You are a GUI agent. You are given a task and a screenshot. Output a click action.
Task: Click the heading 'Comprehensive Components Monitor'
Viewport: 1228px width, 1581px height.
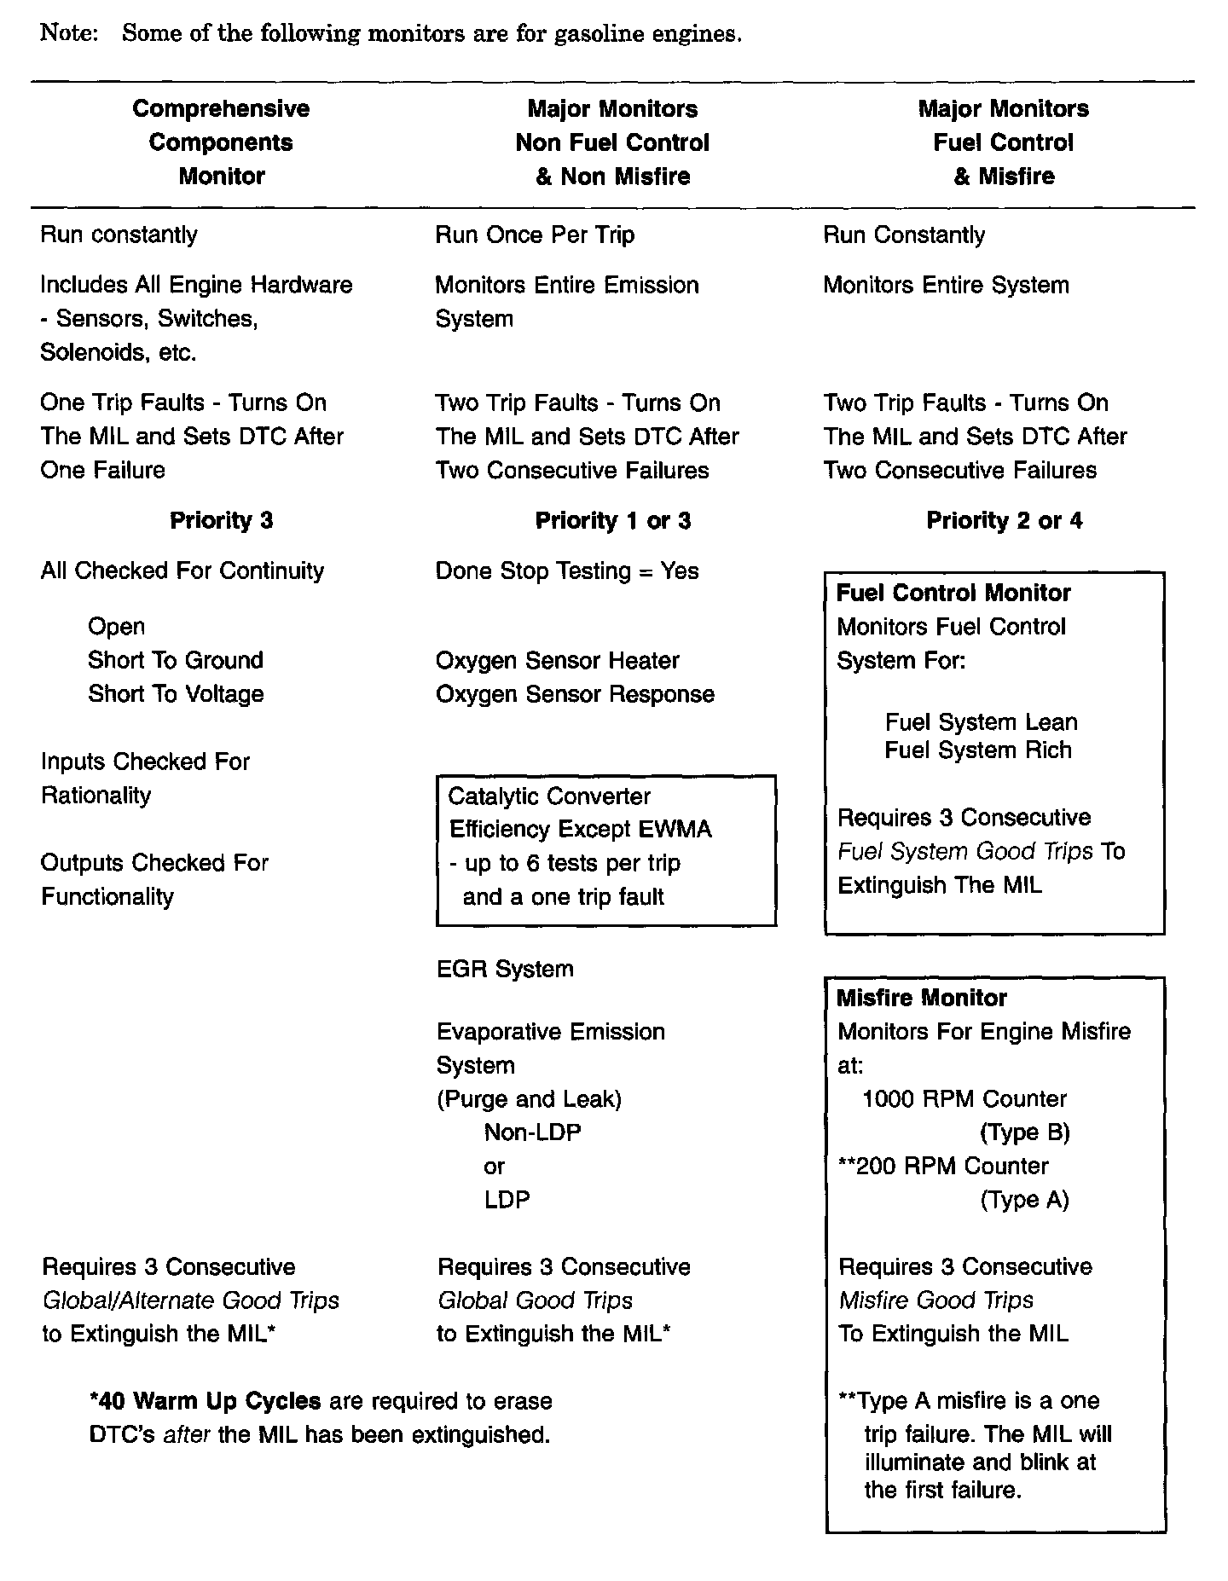(x=221, y=142)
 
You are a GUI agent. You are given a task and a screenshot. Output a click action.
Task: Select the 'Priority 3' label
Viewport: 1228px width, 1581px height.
(x=221, y=520)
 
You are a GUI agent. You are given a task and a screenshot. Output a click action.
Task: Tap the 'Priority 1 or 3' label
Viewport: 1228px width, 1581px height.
(x=612, y=520)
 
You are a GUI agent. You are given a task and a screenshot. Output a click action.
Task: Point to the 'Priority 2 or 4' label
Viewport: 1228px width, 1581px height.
(x=1004, y=520)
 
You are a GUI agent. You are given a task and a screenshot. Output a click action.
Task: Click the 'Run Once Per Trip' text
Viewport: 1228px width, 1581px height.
(x=535, y=235)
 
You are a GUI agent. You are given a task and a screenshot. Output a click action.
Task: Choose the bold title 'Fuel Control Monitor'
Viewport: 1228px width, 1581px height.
(x=953, y=593)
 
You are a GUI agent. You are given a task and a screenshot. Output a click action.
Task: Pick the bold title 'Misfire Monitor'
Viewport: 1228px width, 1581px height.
(x=921, y=998)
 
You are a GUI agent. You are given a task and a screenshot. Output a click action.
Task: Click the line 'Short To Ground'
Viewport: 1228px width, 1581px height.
(x=175, y=660)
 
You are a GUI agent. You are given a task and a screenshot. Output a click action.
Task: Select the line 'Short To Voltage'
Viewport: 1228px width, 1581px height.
(x=175, y=694)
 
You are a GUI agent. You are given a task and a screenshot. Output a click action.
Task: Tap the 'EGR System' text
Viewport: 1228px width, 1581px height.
(x=505, y=969)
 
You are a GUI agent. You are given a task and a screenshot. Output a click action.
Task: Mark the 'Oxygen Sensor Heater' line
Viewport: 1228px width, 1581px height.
(x=557, y=661)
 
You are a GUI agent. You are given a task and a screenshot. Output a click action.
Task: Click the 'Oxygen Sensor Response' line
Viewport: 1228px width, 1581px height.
(x=575, y=694)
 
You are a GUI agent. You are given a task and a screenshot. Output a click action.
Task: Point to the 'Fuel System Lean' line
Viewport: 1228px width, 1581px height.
(x=981, y=722)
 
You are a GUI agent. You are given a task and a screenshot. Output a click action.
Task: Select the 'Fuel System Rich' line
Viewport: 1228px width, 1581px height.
(x=977, y=750)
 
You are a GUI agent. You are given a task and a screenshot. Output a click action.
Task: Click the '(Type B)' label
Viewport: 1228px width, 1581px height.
(x=1024, y=1132)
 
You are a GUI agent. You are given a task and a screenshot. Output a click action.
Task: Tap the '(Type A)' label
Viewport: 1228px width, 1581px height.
(x=1024, y=1200)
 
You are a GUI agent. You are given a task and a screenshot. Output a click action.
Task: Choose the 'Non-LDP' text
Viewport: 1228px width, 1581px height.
(x=532, y=1132)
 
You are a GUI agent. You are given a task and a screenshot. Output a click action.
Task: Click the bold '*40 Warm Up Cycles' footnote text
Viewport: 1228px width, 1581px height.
(x=205, y=1401)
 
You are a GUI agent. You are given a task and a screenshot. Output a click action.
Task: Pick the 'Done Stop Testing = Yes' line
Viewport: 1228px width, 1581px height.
(x=567, y=571)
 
